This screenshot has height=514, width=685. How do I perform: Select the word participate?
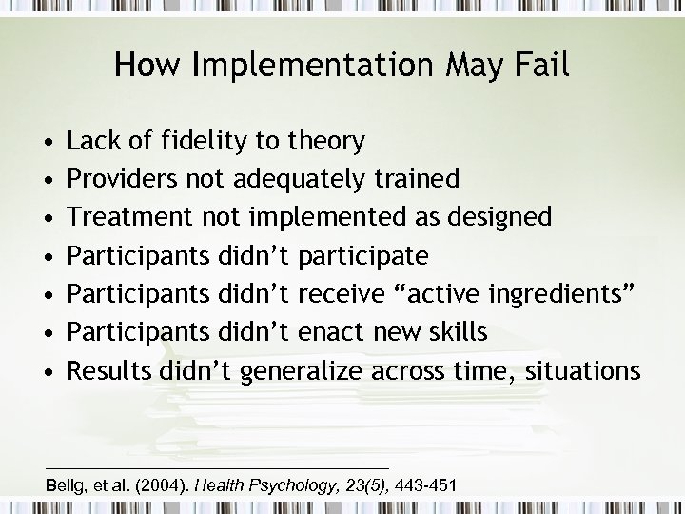362,256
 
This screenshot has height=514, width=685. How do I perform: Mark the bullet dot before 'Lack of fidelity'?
48,143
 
